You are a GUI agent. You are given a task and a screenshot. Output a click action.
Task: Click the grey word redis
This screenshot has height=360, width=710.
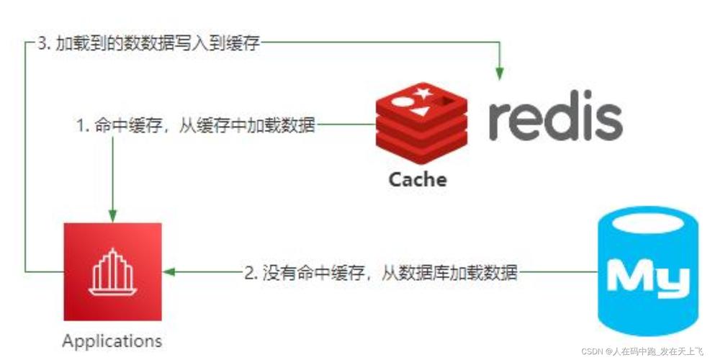coord(554,115)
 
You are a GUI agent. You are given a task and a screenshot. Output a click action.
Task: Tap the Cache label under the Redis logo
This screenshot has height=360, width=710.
coord(418,179)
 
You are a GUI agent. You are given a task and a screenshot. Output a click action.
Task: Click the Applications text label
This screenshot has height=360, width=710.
coord(112,340)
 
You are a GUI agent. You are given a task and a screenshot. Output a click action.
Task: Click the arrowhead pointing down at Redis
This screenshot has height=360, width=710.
coord(498,71)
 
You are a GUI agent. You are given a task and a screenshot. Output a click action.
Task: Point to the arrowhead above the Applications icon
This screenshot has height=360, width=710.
coord(112,215)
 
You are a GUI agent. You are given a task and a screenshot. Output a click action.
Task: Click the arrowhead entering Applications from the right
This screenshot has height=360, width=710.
coord(170,272)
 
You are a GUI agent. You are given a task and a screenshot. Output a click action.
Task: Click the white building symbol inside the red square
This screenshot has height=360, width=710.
coord(112,271)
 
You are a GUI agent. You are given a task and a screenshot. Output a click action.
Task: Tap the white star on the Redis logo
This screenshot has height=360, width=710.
coord(423,94)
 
